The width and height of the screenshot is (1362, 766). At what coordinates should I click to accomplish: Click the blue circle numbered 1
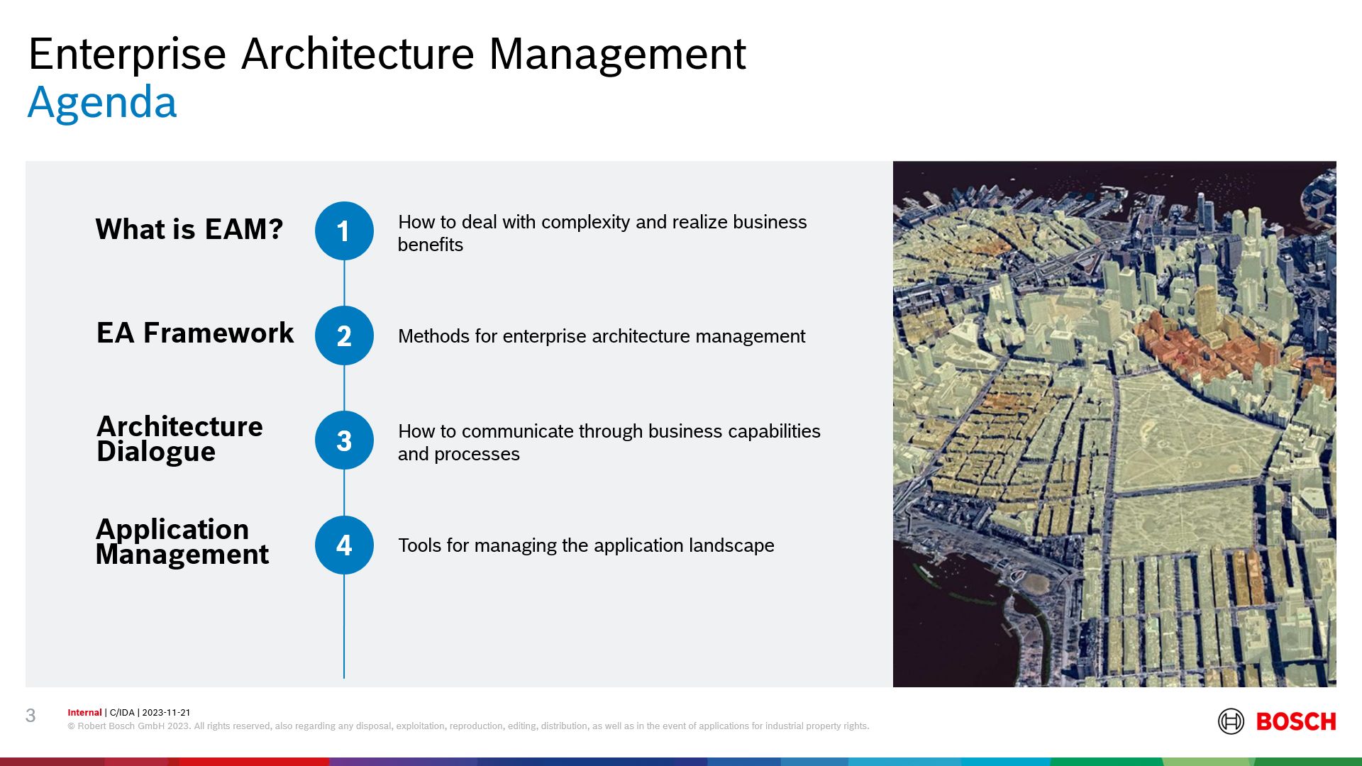coord(344,231)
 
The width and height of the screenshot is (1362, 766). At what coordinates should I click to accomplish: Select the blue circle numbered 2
coord(344,335)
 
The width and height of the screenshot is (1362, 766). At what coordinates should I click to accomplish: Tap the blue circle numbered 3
coord(344,440)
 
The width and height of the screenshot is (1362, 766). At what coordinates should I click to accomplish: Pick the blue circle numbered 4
coord(344,545)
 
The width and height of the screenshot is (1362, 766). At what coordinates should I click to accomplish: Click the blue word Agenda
coord(102,103)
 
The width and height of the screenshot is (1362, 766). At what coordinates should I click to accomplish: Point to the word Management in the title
coord(617,54)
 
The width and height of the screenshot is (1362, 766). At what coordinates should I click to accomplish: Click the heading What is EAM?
coord(189,229)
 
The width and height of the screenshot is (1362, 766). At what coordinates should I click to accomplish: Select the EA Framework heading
coord(195,333)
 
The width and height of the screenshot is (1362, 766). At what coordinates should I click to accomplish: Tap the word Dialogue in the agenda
coord(156,452)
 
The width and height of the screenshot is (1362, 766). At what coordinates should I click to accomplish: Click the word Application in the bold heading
coord(172,529)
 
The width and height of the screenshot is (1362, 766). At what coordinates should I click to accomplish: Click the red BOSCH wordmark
coord(1296,721)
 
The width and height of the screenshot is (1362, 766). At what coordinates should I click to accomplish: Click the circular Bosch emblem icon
coord(1231,721)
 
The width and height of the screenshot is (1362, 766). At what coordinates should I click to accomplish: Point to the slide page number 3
coord(31,716)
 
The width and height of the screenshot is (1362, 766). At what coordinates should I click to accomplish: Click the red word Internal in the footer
coord(84,713)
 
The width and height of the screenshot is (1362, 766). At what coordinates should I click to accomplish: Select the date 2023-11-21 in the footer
coord(166,713)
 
